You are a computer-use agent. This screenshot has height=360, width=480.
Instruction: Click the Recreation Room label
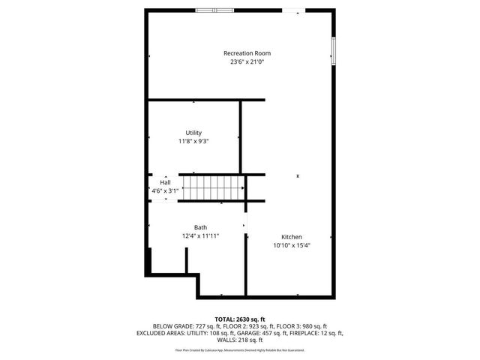pos(247,53)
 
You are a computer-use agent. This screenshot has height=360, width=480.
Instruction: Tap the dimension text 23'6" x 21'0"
pos(247,62)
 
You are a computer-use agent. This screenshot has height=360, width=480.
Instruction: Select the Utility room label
pos(193,132)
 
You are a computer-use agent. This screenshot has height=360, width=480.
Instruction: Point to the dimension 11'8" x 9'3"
pos(193,141)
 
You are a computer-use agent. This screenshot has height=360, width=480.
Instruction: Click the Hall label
pos(165,181)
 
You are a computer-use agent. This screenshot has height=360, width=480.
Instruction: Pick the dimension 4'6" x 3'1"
pos(165,190)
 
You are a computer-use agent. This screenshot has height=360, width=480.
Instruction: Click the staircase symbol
pos(215,187)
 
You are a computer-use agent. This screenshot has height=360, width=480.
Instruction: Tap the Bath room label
pos(200,227)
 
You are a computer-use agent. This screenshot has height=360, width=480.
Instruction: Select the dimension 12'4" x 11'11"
pos(200,236)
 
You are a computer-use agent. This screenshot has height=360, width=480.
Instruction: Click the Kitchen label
pos(292,236)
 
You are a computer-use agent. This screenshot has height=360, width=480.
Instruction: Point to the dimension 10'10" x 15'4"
pos(292,245)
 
